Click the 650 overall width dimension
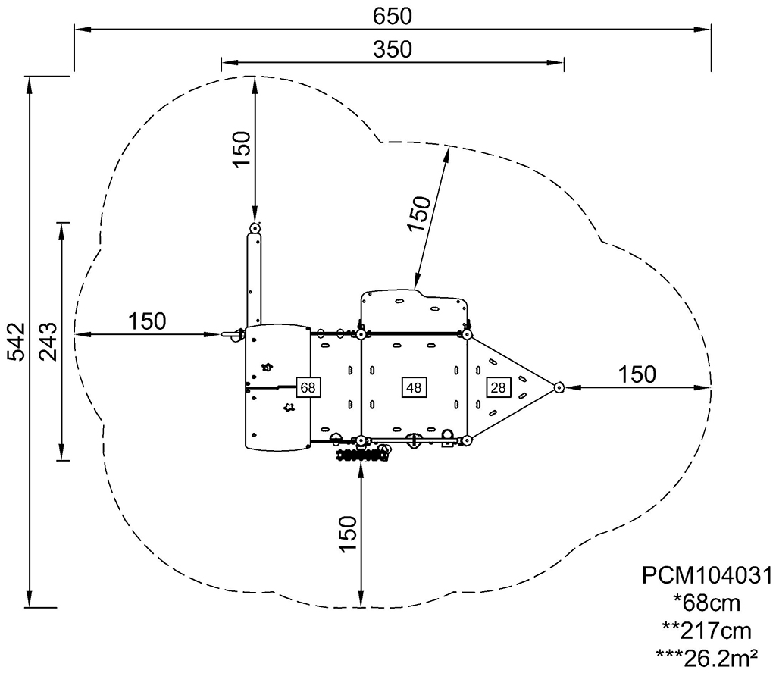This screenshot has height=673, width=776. tap(392, 17)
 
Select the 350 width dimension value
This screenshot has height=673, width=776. tap(392, 49)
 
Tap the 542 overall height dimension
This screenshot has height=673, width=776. tap(18, 342)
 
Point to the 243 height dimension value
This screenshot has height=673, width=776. tap(48, 342)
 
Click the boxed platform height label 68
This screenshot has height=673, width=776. tap(308, 387)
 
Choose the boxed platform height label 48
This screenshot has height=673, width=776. tap(414, 387)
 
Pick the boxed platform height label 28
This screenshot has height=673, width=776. tap(499, 387)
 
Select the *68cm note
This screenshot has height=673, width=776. tap(707, 603)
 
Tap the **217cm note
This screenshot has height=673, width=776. tap(707, 631)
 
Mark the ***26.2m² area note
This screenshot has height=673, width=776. tap(707, 658)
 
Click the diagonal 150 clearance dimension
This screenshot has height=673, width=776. tap(420, 214)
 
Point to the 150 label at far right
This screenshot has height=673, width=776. tap(637, 374)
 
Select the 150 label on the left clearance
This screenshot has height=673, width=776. tap(147, 321)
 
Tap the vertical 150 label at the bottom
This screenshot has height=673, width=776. tap(348, 534)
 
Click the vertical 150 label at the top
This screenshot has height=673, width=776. tap(242, 149)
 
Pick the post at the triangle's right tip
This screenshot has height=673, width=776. tap(559, 387)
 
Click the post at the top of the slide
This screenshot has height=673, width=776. tap(255, 229)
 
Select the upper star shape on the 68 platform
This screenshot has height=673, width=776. tap(268, 367)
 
